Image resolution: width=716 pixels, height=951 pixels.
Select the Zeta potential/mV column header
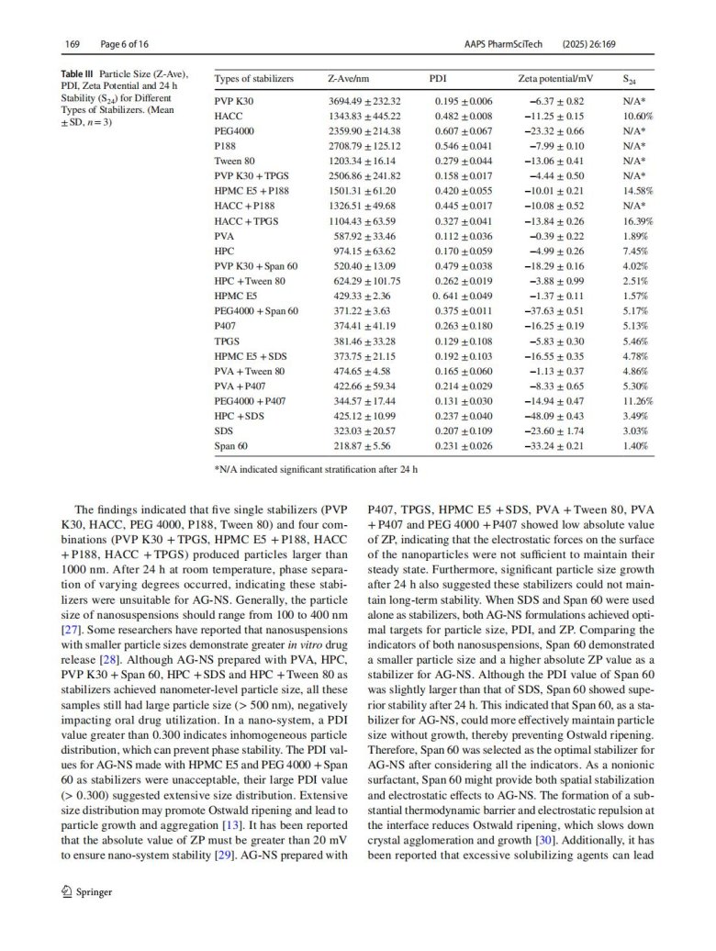550,79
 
